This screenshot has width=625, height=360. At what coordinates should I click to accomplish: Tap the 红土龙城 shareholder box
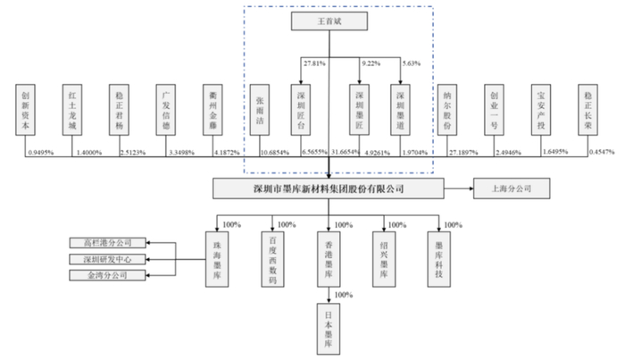[x=71, y=110]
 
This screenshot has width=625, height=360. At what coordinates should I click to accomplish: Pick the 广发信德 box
[x=163, y=110]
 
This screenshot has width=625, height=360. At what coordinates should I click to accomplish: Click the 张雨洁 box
[x=260, y=110]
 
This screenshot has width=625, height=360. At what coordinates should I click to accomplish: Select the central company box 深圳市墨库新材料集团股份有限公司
[x=329, y=189]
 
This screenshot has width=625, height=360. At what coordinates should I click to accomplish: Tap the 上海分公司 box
[x=505, y=189]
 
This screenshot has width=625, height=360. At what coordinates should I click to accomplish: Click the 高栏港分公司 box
[x=107, y=243]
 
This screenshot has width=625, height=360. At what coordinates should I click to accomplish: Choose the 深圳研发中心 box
[x=107, y=258]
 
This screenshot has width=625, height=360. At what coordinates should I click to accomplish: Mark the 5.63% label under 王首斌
[x=410, y=65]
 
